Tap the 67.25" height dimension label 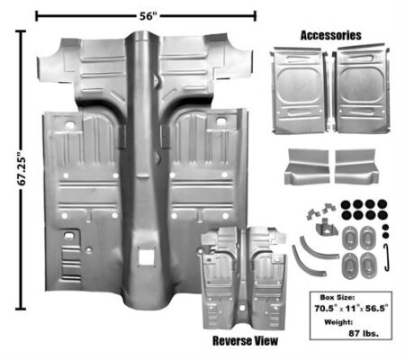point(22,170)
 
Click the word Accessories point(330,35)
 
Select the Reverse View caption point(245,341)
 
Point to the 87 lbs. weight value point(364,333)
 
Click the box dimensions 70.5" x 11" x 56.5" point(351,308)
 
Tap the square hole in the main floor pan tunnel point(147,256)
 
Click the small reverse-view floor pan point(243,277)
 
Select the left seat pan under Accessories point(299,90)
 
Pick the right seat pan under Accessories point(362,89)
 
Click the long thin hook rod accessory point(387,257)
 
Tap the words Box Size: point(337,298)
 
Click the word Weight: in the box point(338,322)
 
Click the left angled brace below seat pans point(306,166)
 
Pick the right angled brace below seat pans point(356,166)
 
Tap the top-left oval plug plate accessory point(350,238)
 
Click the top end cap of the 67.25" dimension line point(21,31)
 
